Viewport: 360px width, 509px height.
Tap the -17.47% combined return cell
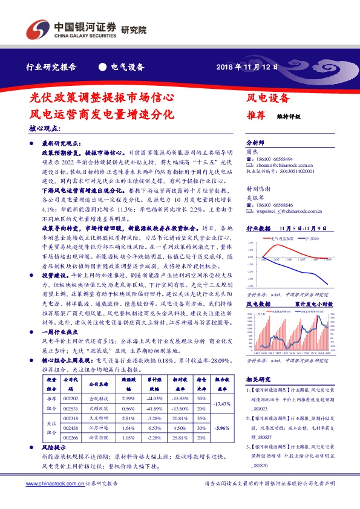[223, 404]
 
